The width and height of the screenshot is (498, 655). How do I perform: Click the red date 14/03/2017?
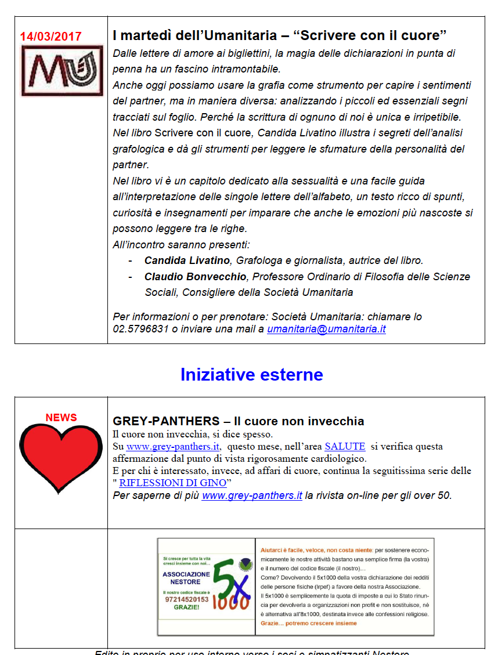pos(51,36)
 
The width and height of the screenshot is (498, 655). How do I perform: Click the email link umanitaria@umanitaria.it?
pos(326,329)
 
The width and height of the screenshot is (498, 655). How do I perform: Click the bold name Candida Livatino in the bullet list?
pos(187,260)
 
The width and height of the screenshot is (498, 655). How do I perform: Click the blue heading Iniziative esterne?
pos(251,374)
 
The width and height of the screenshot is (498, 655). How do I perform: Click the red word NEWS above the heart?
pos(61,418)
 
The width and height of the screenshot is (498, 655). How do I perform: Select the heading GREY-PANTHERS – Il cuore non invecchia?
pos(239,421)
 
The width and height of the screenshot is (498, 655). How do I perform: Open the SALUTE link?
pos(345,446)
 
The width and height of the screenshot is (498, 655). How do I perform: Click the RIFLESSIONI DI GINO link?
pos(172,483)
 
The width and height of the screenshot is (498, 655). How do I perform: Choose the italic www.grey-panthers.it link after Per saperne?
pos(252,495)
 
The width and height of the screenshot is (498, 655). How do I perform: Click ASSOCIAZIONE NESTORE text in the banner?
pos(186,577)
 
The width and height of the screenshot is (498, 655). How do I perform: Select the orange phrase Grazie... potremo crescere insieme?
pos(309,623)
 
